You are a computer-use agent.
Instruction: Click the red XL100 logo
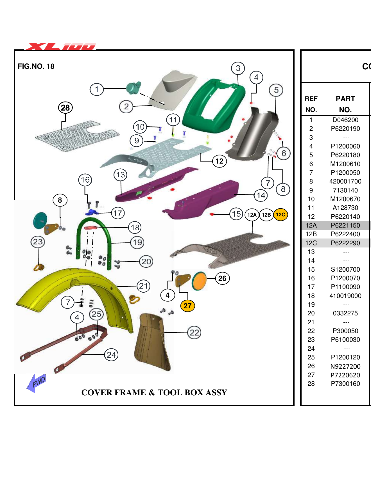pyautogui.click(x=60, y=46)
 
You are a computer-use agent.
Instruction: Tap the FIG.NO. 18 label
pyautogui.click(x=36, y=66)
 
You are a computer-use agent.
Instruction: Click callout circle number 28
pyautogui.click(x=65, y=108)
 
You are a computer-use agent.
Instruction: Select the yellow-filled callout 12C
pyautogui.click(x=280, y=215)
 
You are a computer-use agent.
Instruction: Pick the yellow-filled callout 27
pyautogui.click(x=187, y=306)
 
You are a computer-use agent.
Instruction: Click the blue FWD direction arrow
pyautogui.click(x=37, y=383)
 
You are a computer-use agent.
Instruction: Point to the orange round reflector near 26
pyautogui.click(x=199, y=281)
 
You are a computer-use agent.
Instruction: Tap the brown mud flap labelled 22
pyautogui.click(x=153, y=340)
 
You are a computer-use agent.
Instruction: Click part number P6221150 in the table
pyautogui.click(x=345, y=225)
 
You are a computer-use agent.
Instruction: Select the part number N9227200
pyautogui.click(x=345, y=366)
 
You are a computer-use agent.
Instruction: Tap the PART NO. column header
pyautogui.click(x=345, y=104)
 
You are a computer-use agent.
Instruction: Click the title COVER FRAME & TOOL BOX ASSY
pyautogui.click(x=154, y=392)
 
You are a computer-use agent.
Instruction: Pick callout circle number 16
pyautogui.click(x=85, y=180)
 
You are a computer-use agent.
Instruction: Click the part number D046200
pyautogui.click(x=345, y=120)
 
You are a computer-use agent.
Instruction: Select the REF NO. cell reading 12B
pyautogui.click(x=311, y=234)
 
